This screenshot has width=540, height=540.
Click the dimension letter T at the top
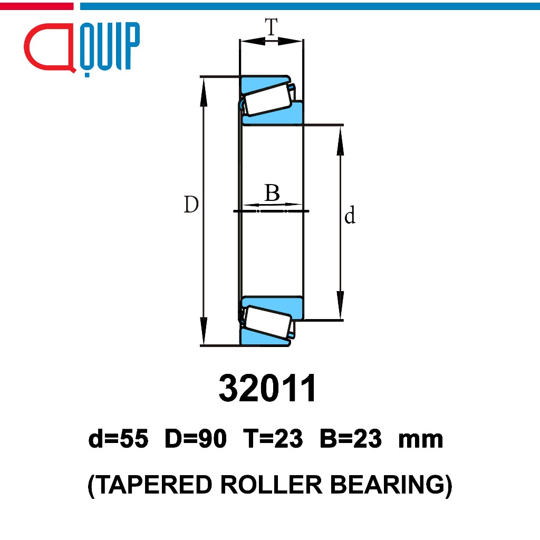tap(271, 27)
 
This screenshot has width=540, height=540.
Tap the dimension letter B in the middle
tap(272, 194)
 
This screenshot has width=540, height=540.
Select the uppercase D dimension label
tap(191, 205)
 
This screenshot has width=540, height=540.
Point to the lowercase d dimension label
tap(350, 216)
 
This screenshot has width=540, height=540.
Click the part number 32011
tap(268, 389)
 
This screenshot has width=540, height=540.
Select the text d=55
tap(119, 439)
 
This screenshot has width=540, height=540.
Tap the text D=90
tap(196, 439)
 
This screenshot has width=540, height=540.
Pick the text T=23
tap(273, 439)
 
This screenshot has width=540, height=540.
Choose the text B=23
tap(350, 439)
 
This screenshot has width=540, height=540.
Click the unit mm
tap(420, 440)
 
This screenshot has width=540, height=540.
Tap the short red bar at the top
tap(36, 6)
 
